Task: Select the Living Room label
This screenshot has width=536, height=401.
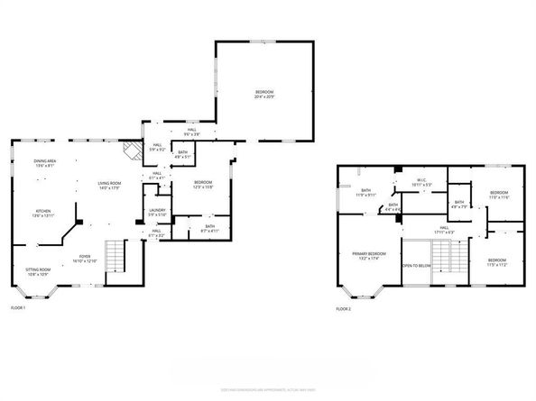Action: coord(109,186)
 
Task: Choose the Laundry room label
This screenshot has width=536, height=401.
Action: coord(157,213)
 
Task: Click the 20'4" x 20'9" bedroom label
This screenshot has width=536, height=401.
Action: coord(263,94)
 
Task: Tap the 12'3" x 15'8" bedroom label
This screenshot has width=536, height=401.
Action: coord(203,185)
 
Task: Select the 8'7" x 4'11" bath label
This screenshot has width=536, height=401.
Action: coord(208,229)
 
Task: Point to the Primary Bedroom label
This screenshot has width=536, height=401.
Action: coord(370,256)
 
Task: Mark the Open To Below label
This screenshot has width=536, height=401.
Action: coord(414,267)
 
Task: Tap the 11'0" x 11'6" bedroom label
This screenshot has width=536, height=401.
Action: coord(500,195)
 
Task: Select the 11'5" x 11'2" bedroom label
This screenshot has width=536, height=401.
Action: coord(498,263)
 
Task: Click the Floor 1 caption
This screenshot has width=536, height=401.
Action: coord(18,308)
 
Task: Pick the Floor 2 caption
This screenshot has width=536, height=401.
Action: coord(344,308)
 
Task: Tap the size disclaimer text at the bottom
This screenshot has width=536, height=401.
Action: coord(268,390)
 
